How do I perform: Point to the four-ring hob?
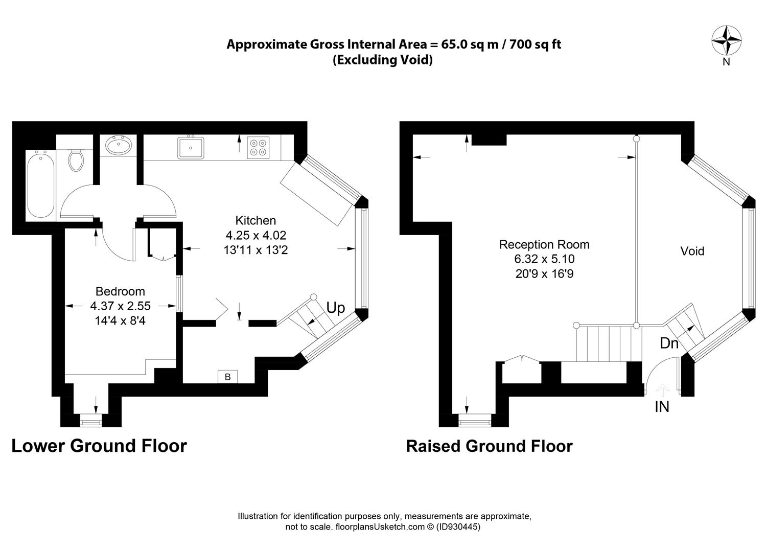(x=258, y=148)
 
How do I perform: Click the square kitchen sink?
(x=191, y=148)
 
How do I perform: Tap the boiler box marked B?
(x=227, y=377)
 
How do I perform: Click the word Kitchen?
(x=256, y=221)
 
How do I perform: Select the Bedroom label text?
(x=120, y=291)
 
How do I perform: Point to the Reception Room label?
(x=544, y=244)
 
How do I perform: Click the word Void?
(x=692, y=251)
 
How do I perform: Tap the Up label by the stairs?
(x=335, y=308)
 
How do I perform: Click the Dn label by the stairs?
(x=669, y=343)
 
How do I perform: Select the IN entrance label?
(x=662, y=407)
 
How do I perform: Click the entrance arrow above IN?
(x=662, y=390)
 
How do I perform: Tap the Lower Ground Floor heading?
(x=99, y=446)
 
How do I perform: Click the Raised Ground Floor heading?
(x=490, y=446)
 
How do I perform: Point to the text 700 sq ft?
(x=535, y=44)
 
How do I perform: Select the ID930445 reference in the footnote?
(x=458, y=526)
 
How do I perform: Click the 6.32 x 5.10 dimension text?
(x=544, y=259)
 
